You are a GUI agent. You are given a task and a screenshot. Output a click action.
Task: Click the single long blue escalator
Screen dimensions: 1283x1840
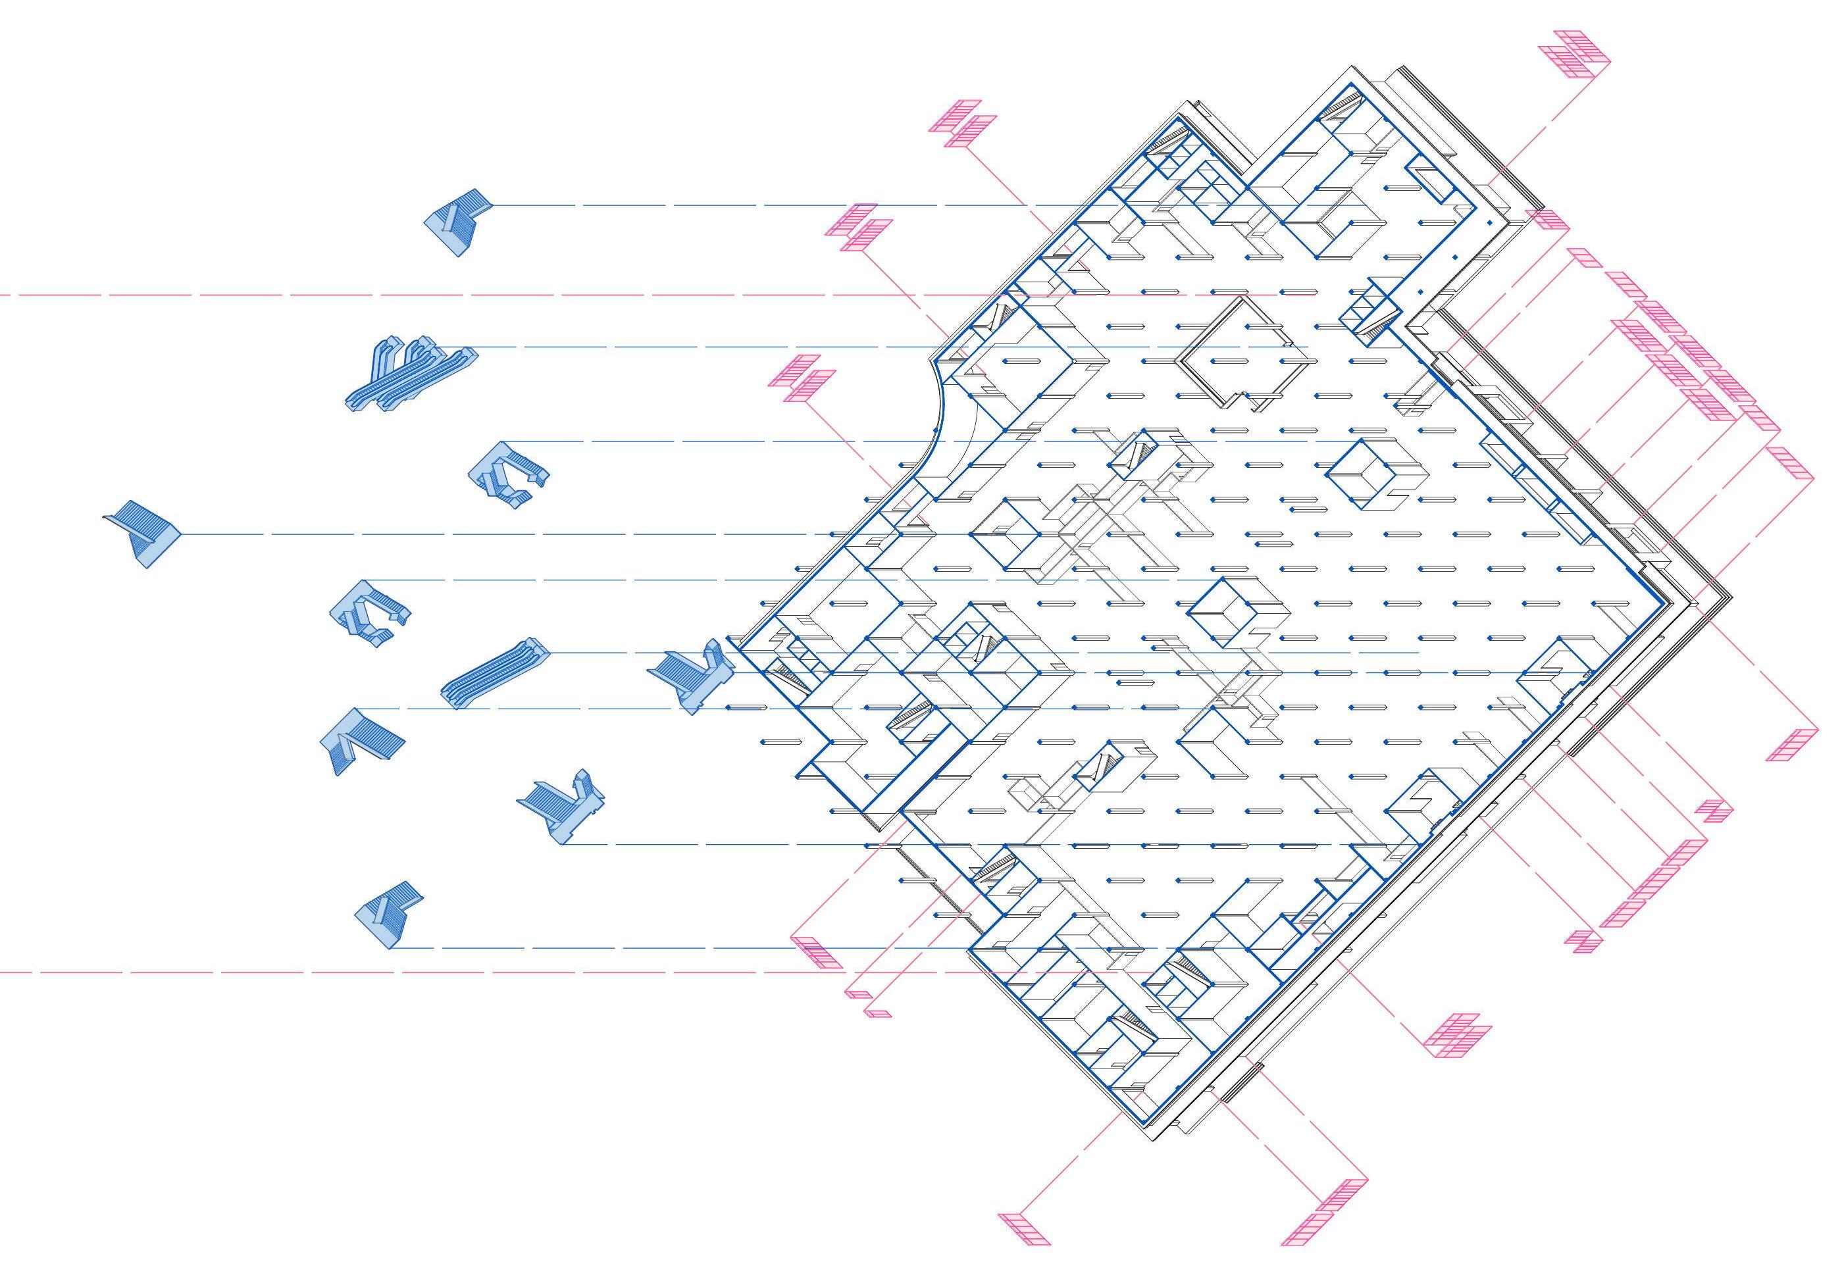coord(496,673)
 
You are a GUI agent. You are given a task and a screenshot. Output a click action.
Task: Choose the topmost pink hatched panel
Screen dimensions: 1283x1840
coord(1574,55)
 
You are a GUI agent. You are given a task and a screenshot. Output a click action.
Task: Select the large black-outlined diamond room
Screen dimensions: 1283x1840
coord(1239,353)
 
